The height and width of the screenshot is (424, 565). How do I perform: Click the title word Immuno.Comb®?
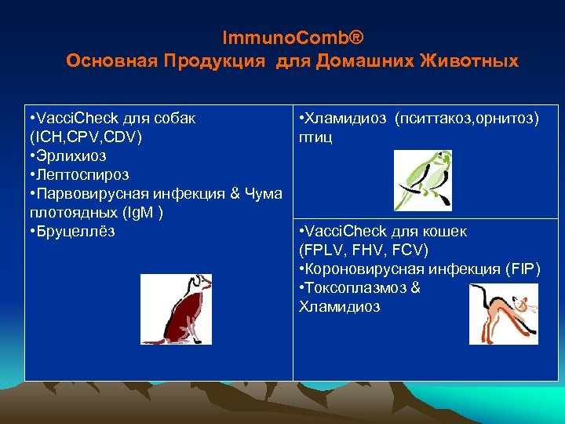(x=293, y=38)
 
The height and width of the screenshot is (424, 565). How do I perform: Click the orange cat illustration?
(x=503, y=314)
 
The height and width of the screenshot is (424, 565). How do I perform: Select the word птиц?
(x=315, y=137)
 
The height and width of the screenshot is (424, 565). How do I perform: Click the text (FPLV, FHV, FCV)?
(x=363, y=250)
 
